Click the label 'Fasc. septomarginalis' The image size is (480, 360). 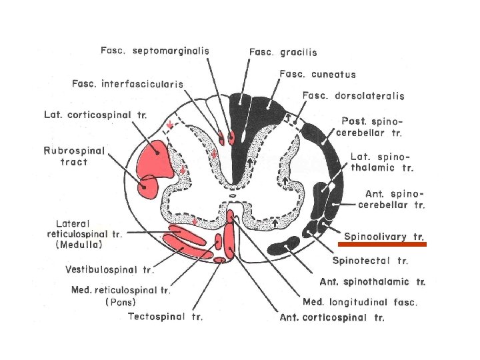coord(155,51)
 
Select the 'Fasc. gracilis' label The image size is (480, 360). coord(283,51)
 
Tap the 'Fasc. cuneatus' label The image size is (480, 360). coord(317,74)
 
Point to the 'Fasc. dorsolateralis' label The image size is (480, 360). coord(353,96)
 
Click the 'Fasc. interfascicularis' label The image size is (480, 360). coord(128,83)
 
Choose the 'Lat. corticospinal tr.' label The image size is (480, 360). coord(95,115)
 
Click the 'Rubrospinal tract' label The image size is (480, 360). coord(74,156)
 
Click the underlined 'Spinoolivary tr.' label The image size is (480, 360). coord(384,237)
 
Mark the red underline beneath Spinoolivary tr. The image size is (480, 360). coord(384,245)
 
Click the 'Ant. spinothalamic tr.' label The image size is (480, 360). coord(372,281)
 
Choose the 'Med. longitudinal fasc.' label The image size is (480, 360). coord(360,302)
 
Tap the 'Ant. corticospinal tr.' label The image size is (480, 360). coord(331,317)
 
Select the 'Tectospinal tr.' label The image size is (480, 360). coord(165,316)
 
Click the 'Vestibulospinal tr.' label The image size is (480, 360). coord(110,270)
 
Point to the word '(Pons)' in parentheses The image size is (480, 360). coord(121,301)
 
